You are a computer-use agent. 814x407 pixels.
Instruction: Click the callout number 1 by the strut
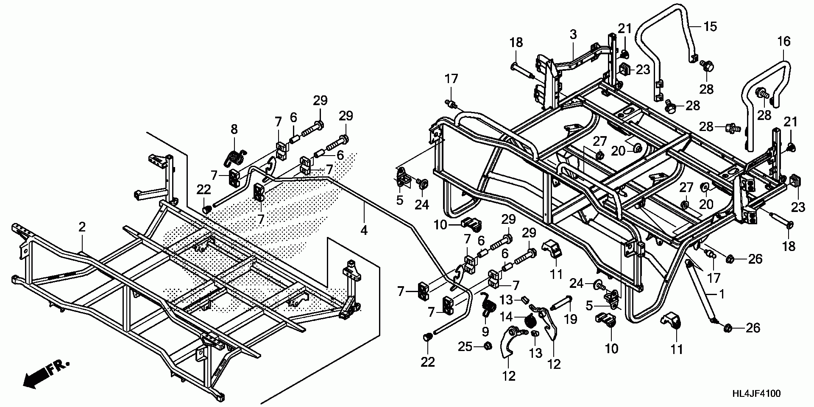click(x=721, y=293)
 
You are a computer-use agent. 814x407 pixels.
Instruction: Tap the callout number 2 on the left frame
click(x=82, y=227)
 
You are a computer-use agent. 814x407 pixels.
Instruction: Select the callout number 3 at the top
click(x=573, y=35)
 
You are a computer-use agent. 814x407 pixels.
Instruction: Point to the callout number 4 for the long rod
click(x=364, y=231)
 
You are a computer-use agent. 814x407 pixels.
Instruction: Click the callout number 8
click(x=234, y=129)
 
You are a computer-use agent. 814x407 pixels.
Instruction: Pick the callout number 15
click(x=710, y=27)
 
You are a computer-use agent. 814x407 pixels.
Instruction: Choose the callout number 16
click(x=784, y=41)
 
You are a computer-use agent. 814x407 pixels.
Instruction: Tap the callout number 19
click(x=571, y=319)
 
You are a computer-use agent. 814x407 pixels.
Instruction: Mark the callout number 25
click(x=465, y=347)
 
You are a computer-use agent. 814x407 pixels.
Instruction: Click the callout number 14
click(x=507, y=316)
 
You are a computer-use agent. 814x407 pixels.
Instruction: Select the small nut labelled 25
click(x=488, y=346)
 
